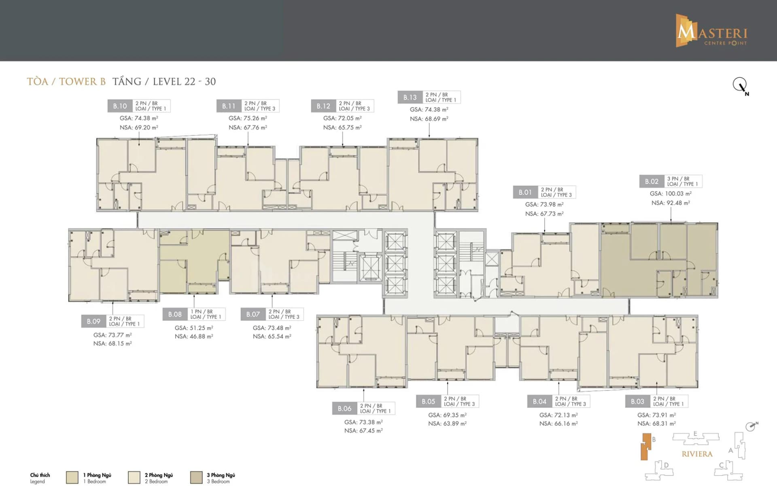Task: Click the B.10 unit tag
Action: pos(120,106)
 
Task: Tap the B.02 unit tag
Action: pos(652,181)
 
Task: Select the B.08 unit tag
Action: pos(175,314)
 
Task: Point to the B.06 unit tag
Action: pos(344,409)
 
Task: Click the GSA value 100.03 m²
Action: pos(671,194)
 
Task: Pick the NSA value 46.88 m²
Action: pos(194,337)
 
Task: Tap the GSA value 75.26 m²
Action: pos(248,118)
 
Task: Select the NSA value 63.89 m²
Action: pos(447,424)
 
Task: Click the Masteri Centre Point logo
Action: pos(711,31)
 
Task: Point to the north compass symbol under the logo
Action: pos(740,85)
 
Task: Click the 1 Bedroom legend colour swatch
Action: pos(72,477)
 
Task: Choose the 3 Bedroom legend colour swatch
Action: pos(196,477)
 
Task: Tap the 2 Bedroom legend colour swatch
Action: pos(134,477)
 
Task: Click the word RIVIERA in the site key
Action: pos(697,454)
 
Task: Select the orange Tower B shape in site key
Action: pos(646,447)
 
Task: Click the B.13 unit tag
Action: pos(410,97)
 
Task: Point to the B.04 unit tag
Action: pos(539,401)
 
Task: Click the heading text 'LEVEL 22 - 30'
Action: pos(184,81)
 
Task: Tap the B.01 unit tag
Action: pos(525,192)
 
